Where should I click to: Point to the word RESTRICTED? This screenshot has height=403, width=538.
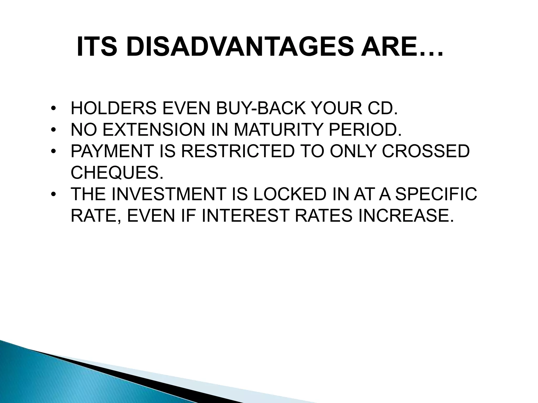[237, 151]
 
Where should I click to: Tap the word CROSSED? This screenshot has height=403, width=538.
[426, 151]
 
